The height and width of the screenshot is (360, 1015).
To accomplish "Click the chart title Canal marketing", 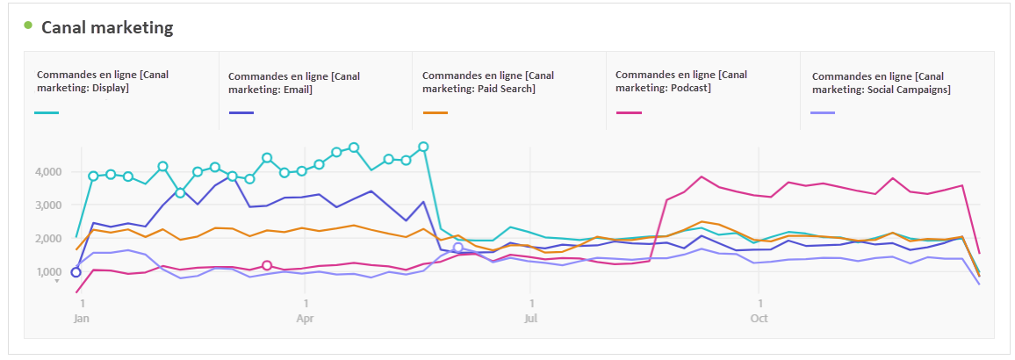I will point(107,27).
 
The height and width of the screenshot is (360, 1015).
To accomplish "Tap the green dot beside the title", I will point(28,25).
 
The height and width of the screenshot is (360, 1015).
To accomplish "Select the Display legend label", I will point(103,81).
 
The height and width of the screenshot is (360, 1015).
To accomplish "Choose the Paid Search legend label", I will point(487,82).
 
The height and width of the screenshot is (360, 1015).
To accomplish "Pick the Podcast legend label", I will point(681,81).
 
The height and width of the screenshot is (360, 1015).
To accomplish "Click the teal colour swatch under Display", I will point(47,112).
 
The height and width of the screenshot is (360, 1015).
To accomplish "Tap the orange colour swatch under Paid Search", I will point(435,112).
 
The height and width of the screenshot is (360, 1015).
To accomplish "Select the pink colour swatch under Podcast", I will point(629,112).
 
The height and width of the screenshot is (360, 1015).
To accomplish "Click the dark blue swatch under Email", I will point(241,112).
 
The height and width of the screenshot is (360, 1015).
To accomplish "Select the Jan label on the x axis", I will point(81,318).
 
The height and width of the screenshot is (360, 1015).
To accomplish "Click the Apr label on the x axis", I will point(305,318).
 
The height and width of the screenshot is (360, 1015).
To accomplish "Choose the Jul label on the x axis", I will point(530,318).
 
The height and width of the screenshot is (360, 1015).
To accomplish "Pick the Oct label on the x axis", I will point(759,318).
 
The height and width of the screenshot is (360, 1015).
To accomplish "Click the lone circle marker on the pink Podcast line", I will point(267,265).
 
